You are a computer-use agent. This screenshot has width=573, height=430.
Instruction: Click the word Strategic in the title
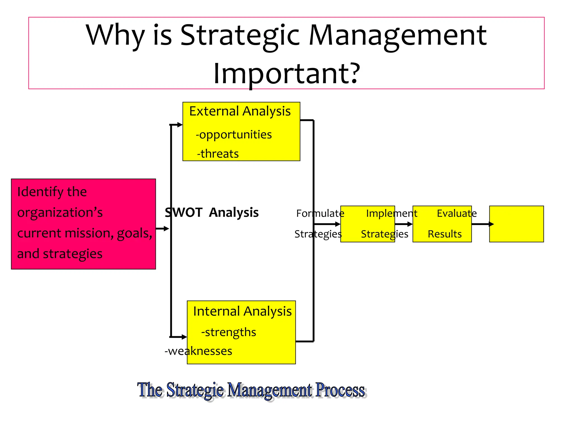point(239,36)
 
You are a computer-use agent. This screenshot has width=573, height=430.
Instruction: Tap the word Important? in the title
point(286,73)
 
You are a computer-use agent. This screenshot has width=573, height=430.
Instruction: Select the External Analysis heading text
point(240,111)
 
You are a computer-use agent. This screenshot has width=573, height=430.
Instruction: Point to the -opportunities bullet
point(234,135)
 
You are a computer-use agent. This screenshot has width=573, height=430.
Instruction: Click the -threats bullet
point(218,154)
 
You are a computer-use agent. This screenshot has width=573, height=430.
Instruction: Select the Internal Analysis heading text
point(242,312)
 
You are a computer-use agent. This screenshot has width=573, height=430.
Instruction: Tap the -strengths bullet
point(229,332)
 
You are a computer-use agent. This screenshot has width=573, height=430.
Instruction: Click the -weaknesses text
point(198,351)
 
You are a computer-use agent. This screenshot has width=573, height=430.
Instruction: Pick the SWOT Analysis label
point(212,212)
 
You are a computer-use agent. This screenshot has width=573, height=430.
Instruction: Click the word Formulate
point(320,214)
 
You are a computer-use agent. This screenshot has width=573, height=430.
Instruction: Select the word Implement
point(391,214)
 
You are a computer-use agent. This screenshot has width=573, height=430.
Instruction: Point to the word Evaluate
point(457,214)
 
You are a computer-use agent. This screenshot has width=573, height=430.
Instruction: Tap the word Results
point(445,234)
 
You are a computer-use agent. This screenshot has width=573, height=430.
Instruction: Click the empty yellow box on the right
point(516,224)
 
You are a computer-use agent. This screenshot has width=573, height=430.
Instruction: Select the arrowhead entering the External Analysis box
point(180,125)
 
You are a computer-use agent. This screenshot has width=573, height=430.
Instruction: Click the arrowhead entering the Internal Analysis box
point(184,337)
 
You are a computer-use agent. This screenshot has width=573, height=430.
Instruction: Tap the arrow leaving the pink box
point(163,229)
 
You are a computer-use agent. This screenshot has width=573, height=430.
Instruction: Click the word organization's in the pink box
point(60,213)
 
